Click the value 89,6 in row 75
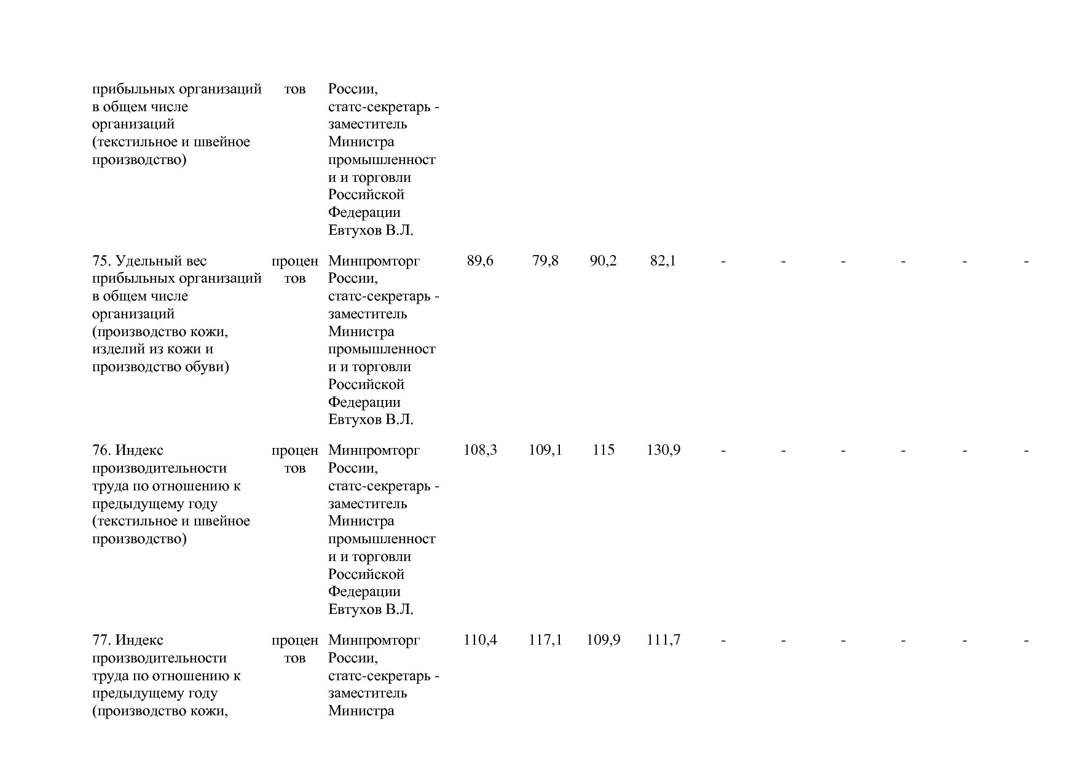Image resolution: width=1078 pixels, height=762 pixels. tap(480, 261)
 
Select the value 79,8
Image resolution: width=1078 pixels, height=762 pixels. tap(545, 261)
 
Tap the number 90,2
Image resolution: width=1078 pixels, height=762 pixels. tap(603, 261)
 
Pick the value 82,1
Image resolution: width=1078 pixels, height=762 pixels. tap(663, 261)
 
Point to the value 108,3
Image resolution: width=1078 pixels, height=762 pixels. tap(480, 450)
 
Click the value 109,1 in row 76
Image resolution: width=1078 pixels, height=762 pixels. tap(545, 450)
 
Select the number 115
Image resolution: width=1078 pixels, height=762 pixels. tap(603, 450)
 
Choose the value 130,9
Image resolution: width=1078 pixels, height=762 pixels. tap(663, 450)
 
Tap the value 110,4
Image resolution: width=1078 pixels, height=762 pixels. tap(480, 640)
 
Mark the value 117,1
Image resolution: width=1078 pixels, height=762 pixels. tap(545, 640)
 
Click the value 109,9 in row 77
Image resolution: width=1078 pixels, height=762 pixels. tap(603, 640)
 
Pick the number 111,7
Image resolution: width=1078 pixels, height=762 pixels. tap(663, 640)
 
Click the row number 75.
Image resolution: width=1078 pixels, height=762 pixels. tap(101, 261)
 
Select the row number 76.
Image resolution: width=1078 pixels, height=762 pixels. tap(101, 450)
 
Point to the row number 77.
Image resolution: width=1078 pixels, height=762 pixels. tap(101, 640)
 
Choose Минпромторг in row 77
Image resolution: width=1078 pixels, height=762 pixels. tap(374, 640)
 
